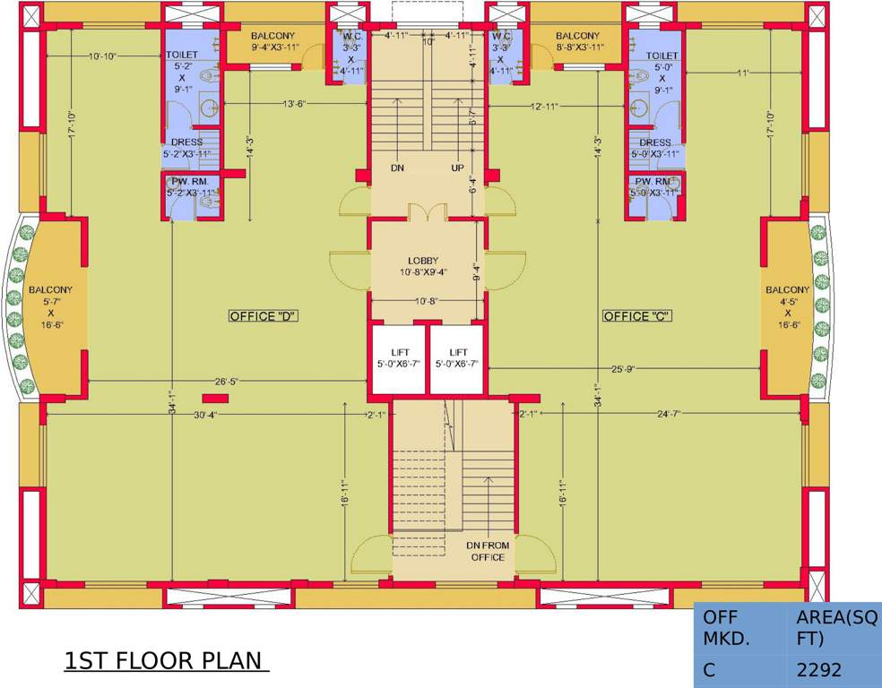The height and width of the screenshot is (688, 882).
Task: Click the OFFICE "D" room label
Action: click(263, 316)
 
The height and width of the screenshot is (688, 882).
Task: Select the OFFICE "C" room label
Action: click(637, 316)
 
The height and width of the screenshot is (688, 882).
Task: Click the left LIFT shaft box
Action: click(398, 358)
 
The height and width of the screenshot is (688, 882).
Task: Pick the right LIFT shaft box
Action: click(457, 358)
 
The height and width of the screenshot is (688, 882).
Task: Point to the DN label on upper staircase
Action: click(398, 168)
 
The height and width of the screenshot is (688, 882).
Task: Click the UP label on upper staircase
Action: click(457, 168)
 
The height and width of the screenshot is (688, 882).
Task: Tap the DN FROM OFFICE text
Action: click(489, 551)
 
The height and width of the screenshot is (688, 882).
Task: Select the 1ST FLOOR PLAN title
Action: click(166, 661)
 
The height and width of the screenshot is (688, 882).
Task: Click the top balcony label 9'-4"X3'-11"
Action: click(272, 41)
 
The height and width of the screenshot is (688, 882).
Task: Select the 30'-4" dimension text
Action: click(206, 415)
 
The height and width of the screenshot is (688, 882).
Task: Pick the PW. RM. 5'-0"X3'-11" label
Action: click(654, 186)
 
